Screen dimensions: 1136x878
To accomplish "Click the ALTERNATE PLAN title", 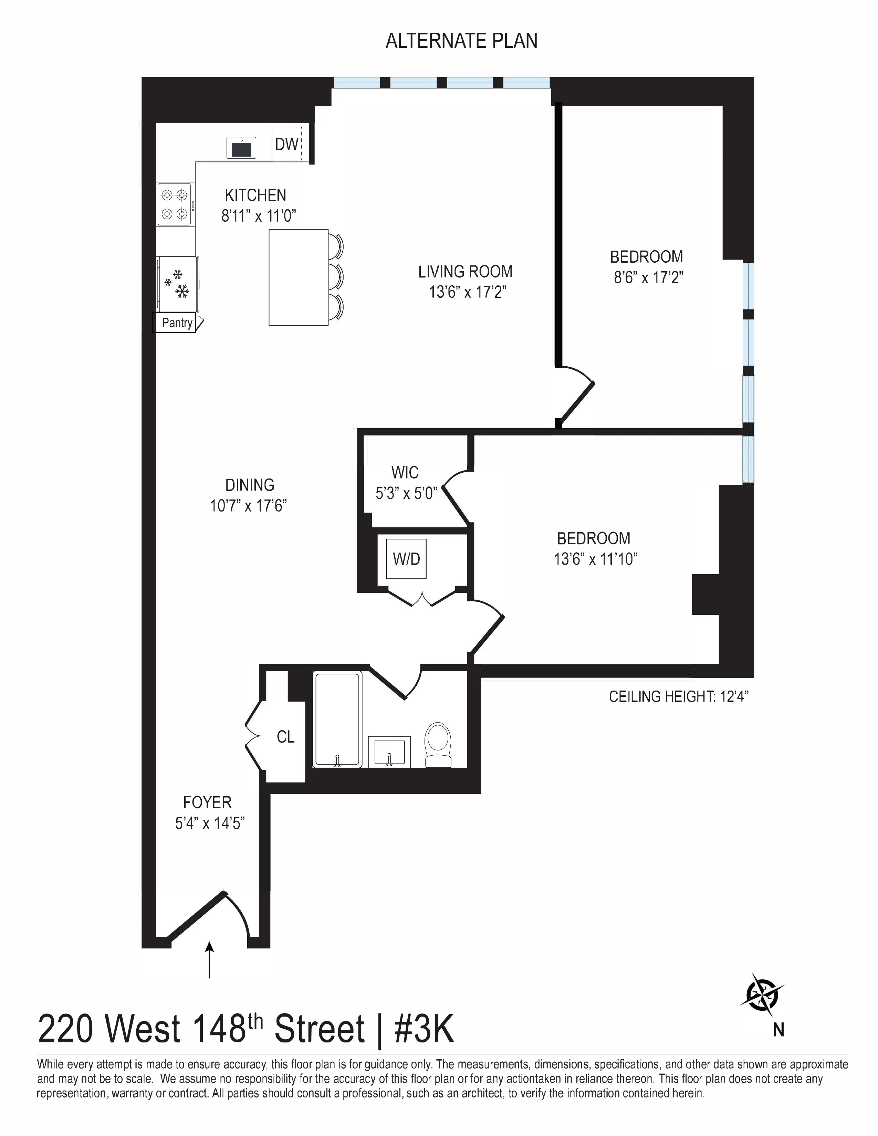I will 461,41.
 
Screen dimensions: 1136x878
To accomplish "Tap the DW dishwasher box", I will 286,144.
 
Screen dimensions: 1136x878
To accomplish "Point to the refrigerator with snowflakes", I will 177,284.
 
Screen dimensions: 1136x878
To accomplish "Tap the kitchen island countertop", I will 298,277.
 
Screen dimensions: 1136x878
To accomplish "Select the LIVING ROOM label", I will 465,272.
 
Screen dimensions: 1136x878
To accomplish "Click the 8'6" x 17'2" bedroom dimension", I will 648,278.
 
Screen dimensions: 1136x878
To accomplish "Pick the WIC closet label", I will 405,472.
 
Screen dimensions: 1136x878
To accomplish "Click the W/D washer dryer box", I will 406,559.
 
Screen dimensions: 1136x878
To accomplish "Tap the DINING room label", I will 250,485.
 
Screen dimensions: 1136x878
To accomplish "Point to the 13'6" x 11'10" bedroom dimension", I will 596,559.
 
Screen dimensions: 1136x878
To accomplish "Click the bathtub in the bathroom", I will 337,719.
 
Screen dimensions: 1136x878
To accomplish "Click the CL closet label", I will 285,737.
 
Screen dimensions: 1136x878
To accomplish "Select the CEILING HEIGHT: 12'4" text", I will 678,696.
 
